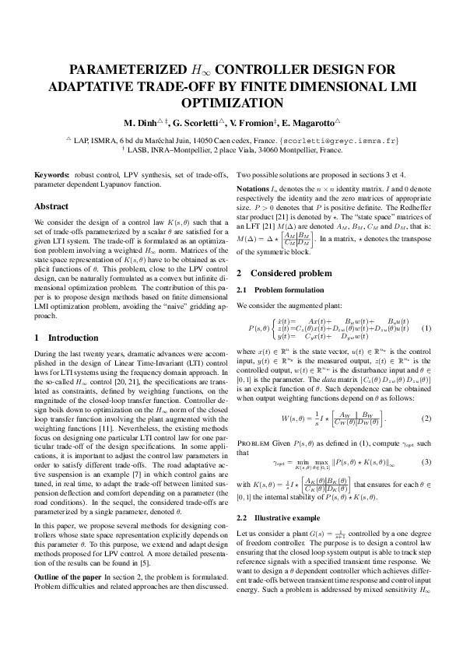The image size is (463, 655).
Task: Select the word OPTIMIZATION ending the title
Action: coord(231,102)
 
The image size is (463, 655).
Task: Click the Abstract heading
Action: coord(51,207)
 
